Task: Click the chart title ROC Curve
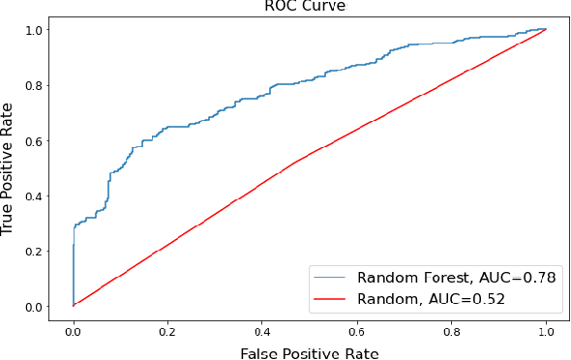pyautogui.click(x=305, y=7)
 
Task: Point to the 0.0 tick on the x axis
pyautogui.click(x=73, y=329)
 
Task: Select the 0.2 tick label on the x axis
pyautogui.click(x=167, y=329)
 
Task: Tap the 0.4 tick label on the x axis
pyautogui.click(x=262, y=329)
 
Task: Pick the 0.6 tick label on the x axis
pyautogui.click(x=357, y=329)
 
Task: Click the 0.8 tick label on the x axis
pyautogui.click(x=451, y=329)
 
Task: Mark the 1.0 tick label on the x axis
pyautogui.click(x=546, y=329)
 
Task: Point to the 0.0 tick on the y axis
pyautogui.click(x=37, y=307)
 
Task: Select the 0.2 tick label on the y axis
pyautogui.click(x=37, y=252)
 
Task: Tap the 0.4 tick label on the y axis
pyautogui.click(x=37, y=195)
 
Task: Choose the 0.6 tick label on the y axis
pyautogui.click(x=37, y=140)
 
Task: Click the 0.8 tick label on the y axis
pyautogui.click(x=37, y=85)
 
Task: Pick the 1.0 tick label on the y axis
pyautogui.click(x=37, y=30)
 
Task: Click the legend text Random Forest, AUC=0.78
pyautogui.click(x=456, y=278)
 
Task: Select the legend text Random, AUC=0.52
pyautogui.click(x=431, y=299)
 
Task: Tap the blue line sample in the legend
pyautogui.click(x=331, y=278)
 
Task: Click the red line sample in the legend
pyautogui.click(x=331, y=299)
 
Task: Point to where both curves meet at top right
pyautogui.click(x=546, y=29)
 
